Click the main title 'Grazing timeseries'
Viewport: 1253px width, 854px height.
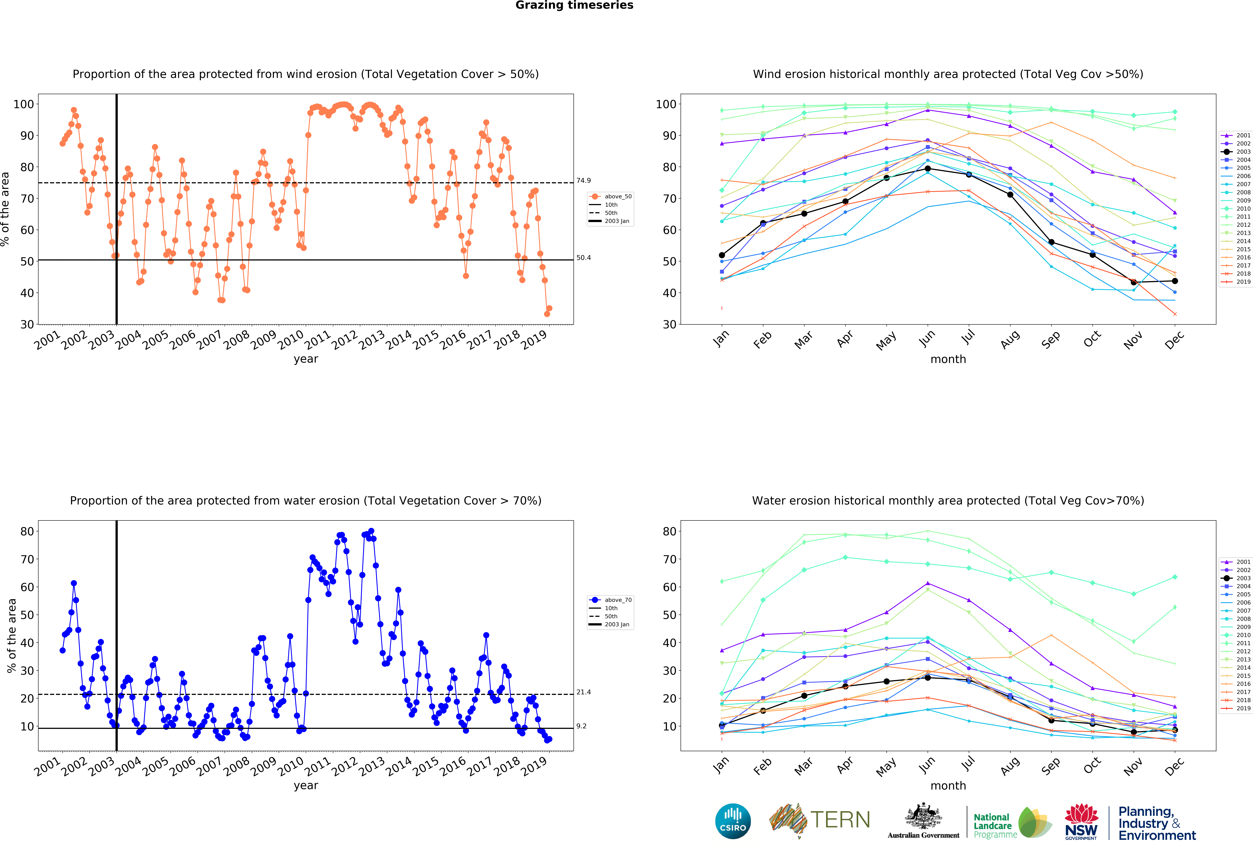click(x=574, y=5)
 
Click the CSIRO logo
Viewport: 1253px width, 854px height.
click(x=733, y=821)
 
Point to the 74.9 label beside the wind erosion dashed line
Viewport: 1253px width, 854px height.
click(x=583, y=181)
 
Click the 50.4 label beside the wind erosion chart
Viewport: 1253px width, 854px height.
click(x=583, y=258)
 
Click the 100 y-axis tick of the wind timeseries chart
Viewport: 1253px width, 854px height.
click(x=24, y=104)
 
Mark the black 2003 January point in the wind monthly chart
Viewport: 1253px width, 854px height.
click(x=722, y=255)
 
